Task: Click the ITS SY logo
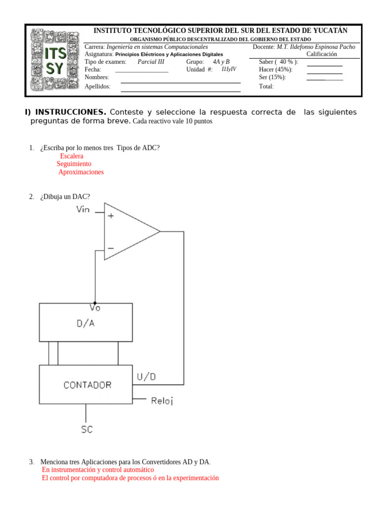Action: coord(55,61)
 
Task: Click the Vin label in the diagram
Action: coord(83,209)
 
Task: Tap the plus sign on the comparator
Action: coord(110,216)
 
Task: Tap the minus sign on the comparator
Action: coord(110,248)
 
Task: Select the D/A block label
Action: coord(86,324)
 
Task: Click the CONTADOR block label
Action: coord(88,385)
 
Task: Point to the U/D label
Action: coord(146,377)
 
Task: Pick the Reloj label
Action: coord(162,401)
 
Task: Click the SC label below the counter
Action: coord(87,429)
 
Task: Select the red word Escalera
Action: coord(72,156)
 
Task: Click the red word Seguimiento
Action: coord(74,164)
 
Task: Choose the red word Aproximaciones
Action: coord(81,172)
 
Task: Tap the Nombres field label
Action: coord(97,78)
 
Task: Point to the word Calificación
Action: coord(321,54)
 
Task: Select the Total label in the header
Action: coord(266,86)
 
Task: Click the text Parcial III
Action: coord(151,62)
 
